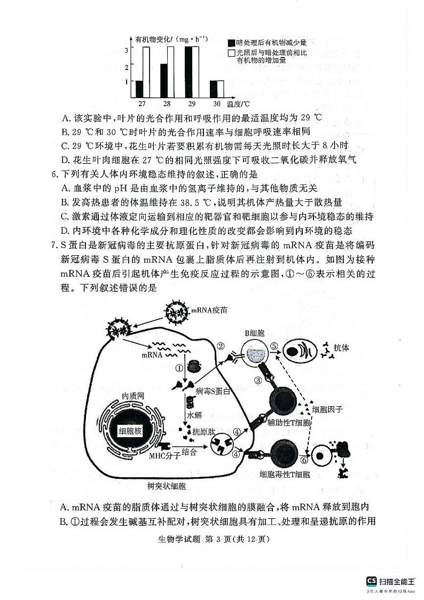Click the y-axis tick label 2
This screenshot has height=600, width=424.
coord(126,67)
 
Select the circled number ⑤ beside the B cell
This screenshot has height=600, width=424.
coord(274,346)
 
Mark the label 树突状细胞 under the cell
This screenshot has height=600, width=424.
coord(167,486)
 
